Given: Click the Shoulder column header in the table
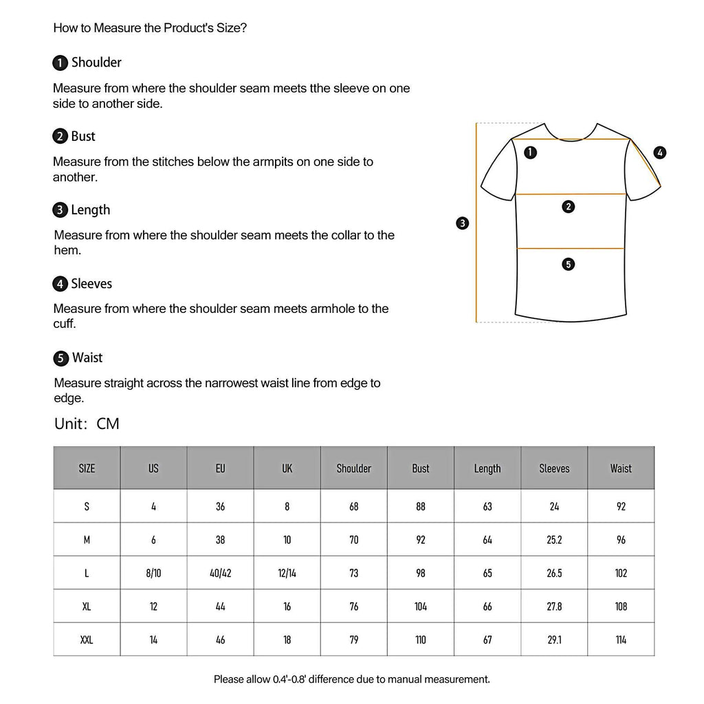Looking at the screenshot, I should [x=353, y=468].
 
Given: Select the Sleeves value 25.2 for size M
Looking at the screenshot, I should [x=554, y=540].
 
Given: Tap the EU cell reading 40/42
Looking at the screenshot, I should [x=220, y=573].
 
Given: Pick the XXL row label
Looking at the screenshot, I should [x=87, y=639].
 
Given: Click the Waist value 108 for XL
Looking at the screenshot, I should [x=621, y=606].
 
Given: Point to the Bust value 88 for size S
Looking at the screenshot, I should [x=421, y=507].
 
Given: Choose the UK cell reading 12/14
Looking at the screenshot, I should [x=287, y=573].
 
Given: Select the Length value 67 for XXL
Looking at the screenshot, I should [x=487, y=639].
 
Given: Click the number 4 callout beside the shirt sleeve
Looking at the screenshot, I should [x=660, y=153].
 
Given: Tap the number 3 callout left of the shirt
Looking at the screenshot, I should [x=463, y=223].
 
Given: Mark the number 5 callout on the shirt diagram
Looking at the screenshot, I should [x=568, y=264].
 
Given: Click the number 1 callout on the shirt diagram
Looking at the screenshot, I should [x=530, y=153].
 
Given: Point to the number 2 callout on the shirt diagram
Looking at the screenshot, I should [x=568, y=206].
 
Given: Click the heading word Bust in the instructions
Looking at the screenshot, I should [x=83, y=136].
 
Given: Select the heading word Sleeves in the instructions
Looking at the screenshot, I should [x=91, y=284].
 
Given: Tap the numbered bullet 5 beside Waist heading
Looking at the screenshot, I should [x=60, y=358].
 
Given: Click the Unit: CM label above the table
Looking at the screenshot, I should [x=87, y=423].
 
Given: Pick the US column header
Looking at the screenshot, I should [x=153, y=468].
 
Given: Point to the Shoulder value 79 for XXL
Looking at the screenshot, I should [x=353, y=639].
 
